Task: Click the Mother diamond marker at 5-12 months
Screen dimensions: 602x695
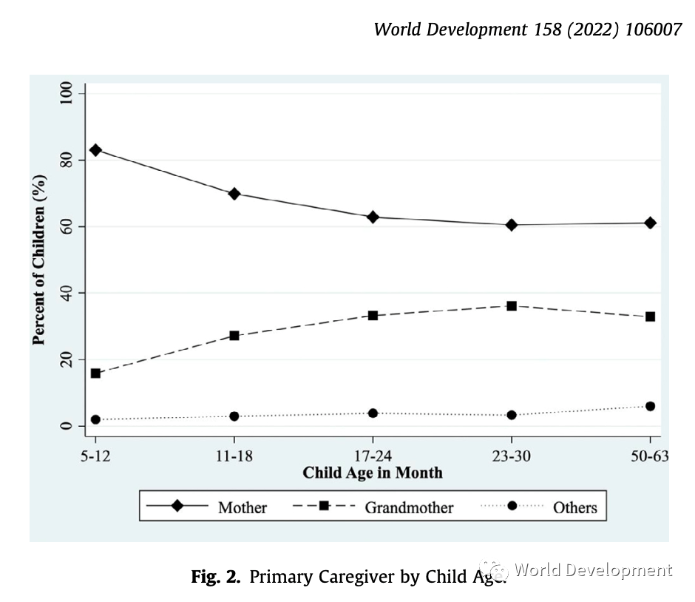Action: [x=95, y=149]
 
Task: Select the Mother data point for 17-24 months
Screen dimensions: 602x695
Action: [x=373, y=217]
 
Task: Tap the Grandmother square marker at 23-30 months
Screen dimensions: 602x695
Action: [x=512, y=305]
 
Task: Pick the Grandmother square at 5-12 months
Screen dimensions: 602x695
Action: [x=95, y=373]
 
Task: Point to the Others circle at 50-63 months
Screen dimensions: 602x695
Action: [x=650, y=406]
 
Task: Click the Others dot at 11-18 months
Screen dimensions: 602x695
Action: [x=234, y=416]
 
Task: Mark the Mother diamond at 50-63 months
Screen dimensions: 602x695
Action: [x=650, y=223]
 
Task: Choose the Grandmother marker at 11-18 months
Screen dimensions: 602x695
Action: [x=234, y=335]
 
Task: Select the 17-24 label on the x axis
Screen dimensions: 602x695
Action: [x=373, y=456]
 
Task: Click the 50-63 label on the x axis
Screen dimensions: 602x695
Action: [x=650, y=456]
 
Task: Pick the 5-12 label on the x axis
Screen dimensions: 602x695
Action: [x=95, y=456]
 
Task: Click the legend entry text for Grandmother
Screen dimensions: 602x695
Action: [x=409, y=507]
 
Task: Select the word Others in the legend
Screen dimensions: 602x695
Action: [x=574, y=507]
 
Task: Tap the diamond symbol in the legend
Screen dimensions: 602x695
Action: [x=177, y=506]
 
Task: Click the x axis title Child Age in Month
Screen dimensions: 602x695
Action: [x=373, y=473]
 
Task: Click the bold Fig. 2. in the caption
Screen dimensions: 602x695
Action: [x=216, y=577]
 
